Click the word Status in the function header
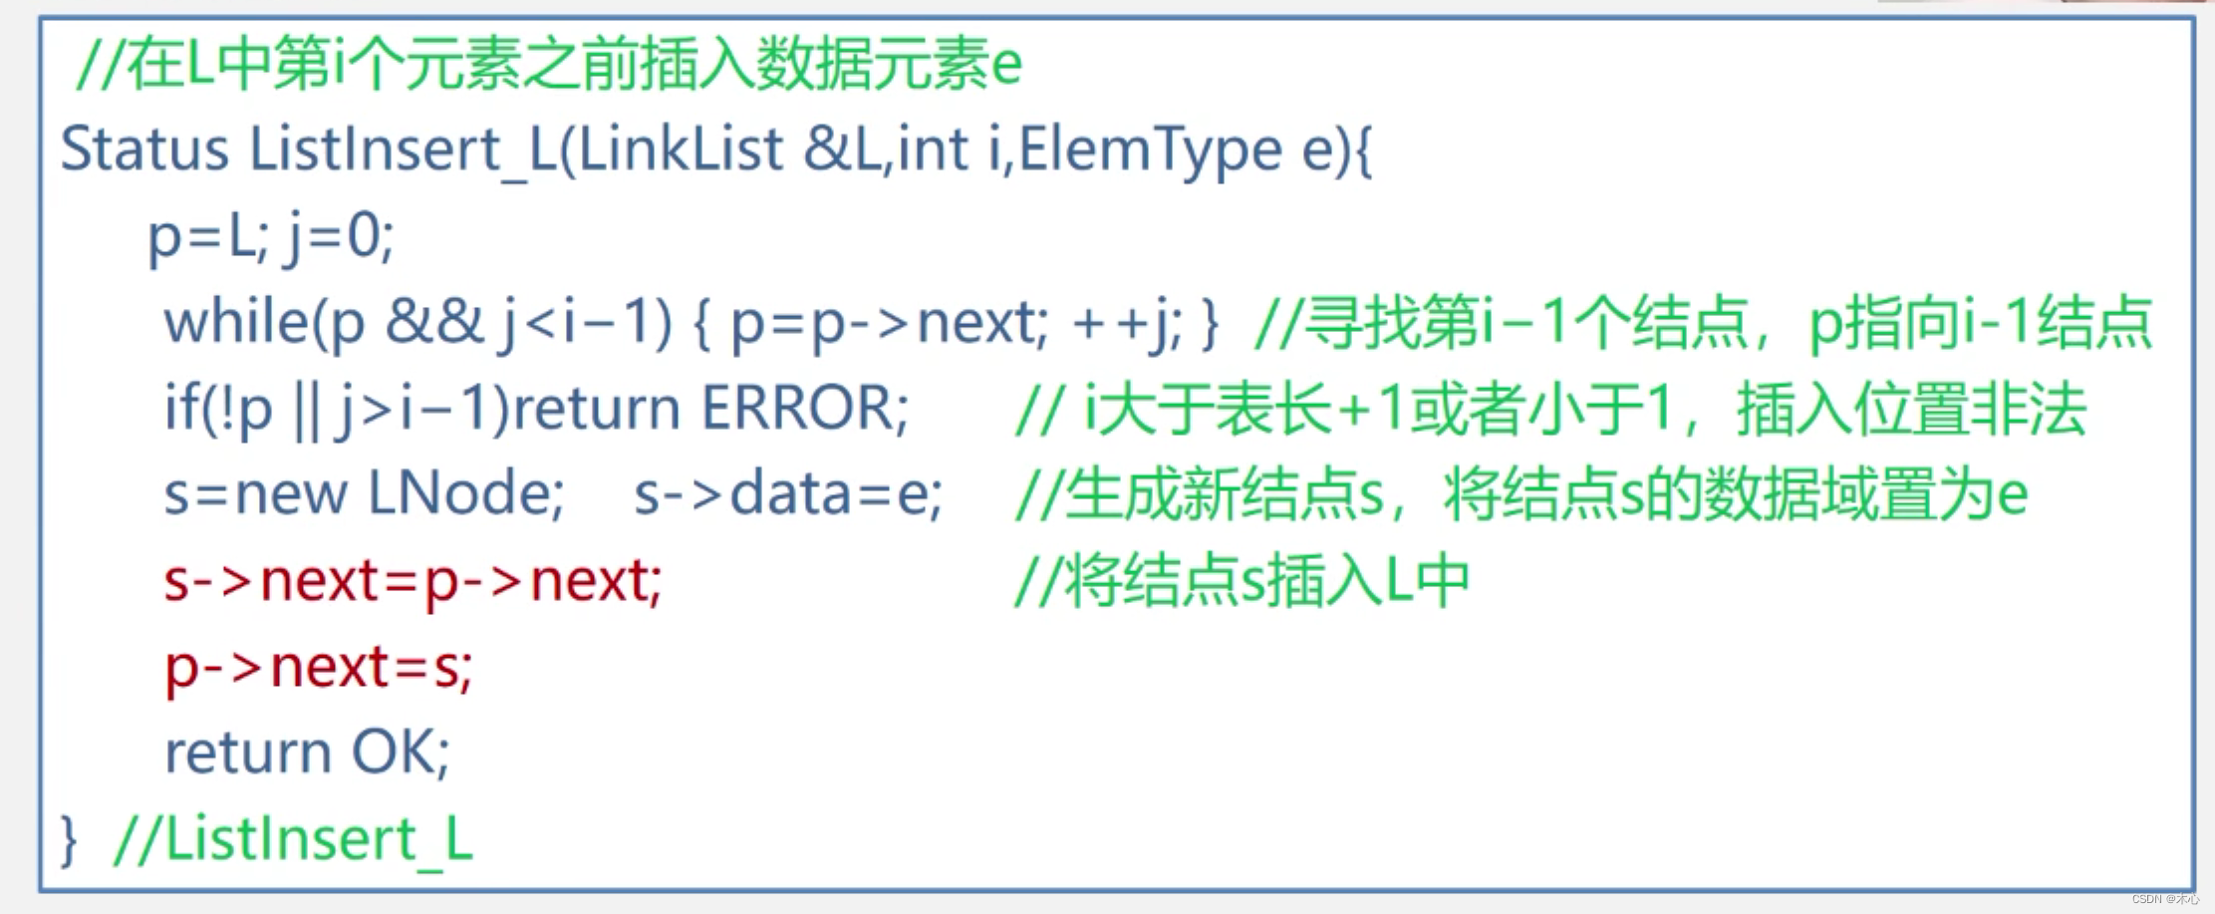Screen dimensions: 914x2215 (144, 151)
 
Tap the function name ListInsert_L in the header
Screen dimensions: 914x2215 (403, 151)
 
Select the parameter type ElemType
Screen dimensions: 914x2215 (1150, 151)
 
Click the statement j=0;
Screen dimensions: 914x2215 (339, 237)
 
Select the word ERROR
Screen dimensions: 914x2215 (804, 408)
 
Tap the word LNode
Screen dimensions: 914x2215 (465, 493)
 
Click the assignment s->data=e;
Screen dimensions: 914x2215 (787, 493)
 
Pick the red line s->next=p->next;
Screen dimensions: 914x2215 (413, 580)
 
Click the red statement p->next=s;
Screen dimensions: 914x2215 (318, 666)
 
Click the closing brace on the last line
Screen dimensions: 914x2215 (69, 839)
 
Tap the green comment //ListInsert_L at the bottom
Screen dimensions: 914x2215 (293, 839)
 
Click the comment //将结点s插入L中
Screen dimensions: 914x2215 (1242, 580)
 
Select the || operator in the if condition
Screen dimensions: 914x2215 (306, 410)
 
